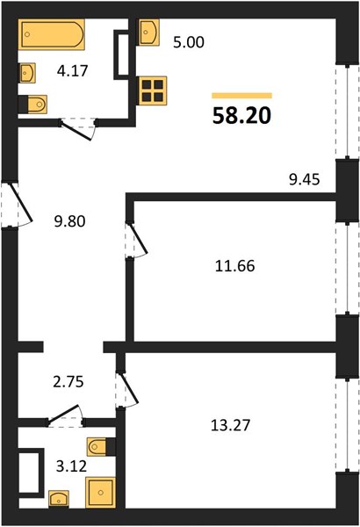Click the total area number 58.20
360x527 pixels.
click(241, 116)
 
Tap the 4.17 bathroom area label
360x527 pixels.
click(72, 71)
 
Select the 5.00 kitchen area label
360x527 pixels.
click(189, 43)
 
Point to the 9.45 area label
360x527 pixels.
click(305, 180)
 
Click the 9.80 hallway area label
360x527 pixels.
click(70, 221)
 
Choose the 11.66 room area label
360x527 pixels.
click(235, 266)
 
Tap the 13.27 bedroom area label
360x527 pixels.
click(231, 425)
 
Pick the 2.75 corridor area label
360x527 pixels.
click(68, 382)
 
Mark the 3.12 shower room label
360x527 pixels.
click(71, 466)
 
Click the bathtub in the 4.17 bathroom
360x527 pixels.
click(52, 34)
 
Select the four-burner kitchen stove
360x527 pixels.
click(152, 90)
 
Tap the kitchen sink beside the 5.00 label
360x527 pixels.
click(148, 32)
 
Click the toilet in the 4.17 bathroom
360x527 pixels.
click(32, 105)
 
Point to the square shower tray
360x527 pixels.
click(100, 493)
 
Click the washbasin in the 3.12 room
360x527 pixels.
click(59, 499)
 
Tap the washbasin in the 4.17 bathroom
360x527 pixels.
click(27, 73)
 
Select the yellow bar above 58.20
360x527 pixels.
click(241, 96)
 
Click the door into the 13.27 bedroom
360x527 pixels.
click(127, 389)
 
